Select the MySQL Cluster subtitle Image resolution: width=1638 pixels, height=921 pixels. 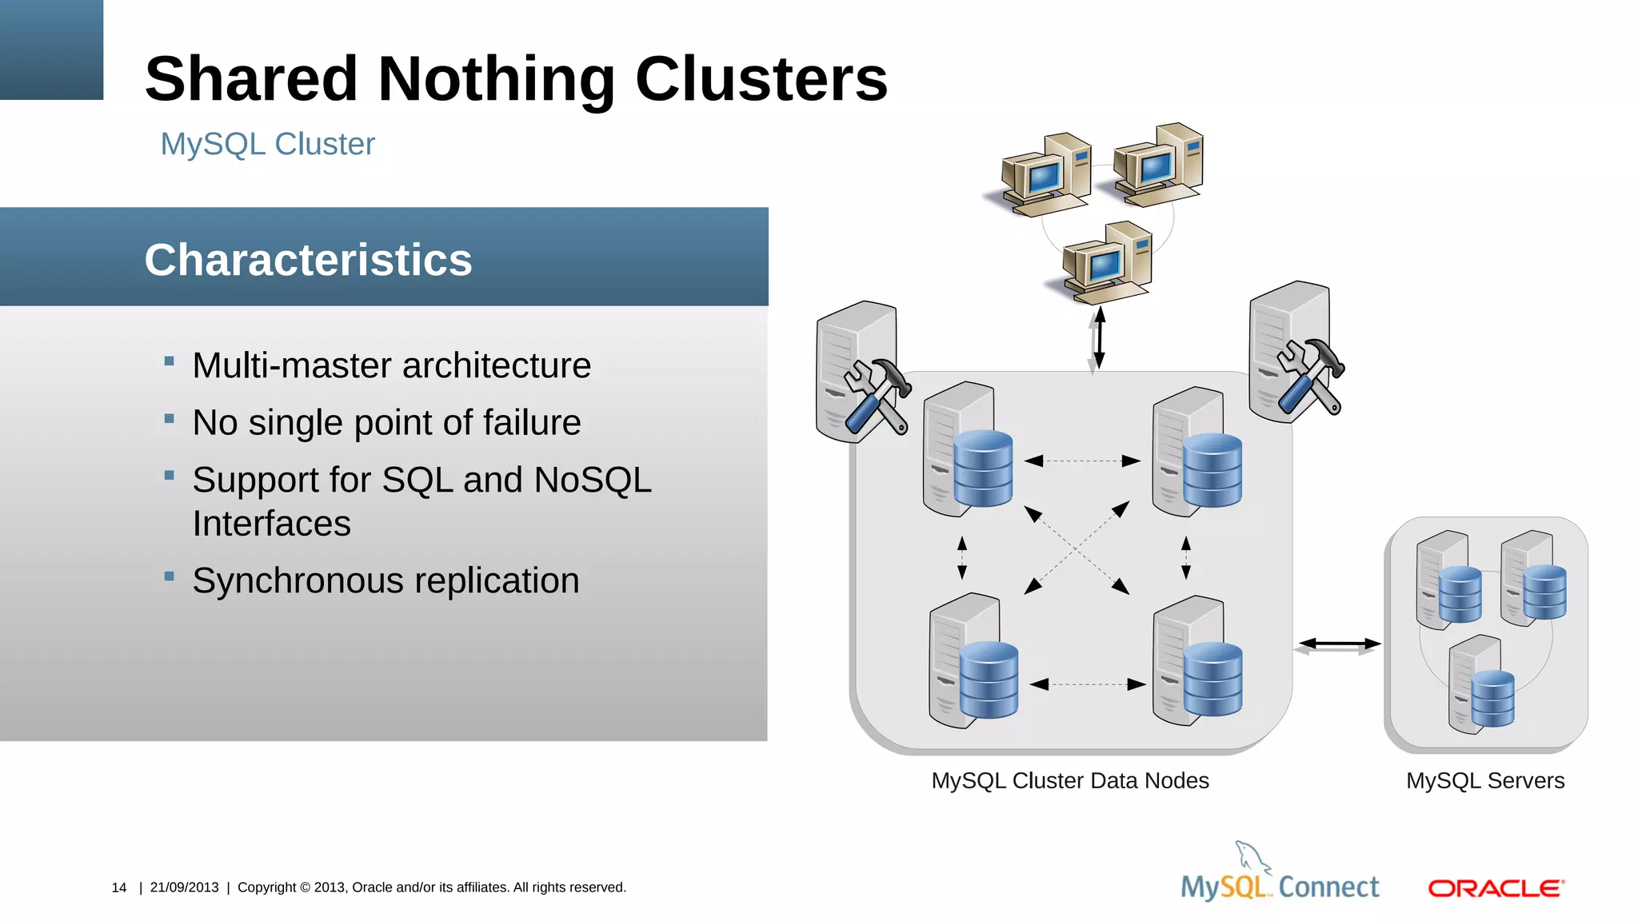(267, 144)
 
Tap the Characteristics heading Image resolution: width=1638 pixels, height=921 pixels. (308, 260)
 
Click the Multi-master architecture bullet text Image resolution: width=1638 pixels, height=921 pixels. (391, 365)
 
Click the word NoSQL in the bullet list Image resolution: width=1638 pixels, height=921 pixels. (592, 480)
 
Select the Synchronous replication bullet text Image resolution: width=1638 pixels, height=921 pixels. (386, 580)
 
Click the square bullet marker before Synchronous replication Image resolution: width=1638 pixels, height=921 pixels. (169, 576)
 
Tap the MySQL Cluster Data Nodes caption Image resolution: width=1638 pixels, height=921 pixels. (1069, 780)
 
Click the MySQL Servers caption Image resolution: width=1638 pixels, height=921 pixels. (1484, 780)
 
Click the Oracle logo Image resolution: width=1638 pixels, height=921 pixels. (1496, 888)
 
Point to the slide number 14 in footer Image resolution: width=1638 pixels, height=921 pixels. (119, 887)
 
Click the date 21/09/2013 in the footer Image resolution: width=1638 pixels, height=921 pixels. (184, 887)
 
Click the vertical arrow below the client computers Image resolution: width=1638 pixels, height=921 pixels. (1098, 338)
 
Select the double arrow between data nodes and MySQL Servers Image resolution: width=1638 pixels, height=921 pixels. (1339, 644)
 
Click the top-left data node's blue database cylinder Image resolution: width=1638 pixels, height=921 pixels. (983, 468)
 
